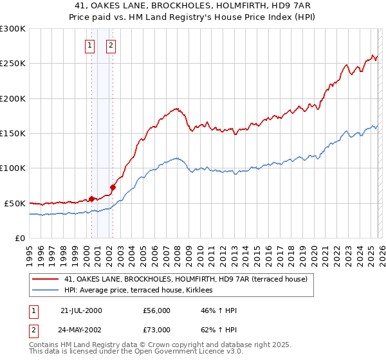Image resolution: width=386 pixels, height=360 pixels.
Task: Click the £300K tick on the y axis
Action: [13, 29]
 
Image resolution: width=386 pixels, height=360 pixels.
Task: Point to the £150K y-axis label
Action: [13, 133]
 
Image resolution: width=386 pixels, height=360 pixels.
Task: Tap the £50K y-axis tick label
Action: [15, 203]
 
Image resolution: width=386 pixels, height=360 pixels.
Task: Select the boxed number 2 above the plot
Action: [111, 45]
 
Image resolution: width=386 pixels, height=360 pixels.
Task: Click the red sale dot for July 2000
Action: [92, 199]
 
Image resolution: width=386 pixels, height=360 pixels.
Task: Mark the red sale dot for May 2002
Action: [113, 187]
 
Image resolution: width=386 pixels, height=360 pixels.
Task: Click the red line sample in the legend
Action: [46, 280]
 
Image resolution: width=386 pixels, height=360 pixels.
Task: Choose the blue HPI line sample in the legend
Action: [46, 291]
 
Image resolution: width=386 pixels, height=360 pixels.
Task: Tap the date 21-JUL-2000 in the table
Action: [81, 310]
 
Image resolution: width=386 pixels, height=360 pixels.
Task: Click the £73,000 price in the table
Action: [157, 330]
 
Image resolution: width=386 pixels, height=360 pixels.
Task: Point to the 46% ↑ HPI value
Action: [219, 310]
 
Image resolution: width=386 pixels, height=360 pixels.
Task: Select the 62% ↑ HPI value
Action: [219, 330]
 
